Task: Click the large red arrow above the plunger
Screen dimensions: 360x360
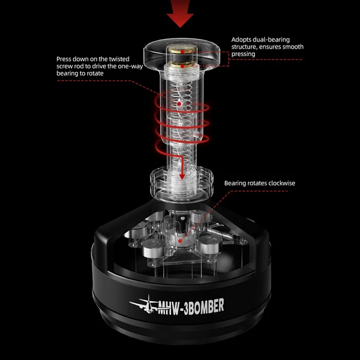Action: pyautogui.click(x=180, y=13)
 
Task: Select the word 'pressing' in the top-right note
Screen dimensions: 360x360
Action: pyautogui.click(x=243, y=54)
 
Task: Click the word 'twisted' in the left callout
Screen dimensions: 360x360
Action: pyautogui.click(x=119, y=59)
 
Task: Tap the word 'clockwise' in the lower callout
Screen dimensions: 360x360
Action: pyautogui.click(x=282, y=183)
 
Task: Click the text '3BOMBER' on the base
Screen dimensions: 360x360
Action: pyautogui.click(x=204, y=307)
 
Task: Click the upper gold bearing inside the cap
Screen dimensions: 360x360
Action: pyautogui.click(x=182, y=52)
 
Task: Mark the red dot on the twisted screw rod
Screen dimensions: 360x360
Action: pyautogui.click(x=179, y=104)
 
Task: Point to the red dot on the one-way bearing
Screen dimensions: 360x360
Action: pyautogui.click(x=180, y=241)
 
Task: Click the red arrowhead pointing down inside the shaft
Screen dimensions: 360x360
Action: pyautogui.click(x=182, y=176)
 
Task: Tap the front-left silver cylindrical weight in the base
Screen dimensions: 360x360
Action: pyautogui.click(x=154, y=247)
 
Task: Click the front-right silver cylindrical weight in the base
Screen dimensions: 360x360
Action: pyautogui.click(x=210, y=245)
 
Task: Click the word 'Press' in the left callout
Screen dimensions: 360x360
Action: pyautogui.click(x=64, y=59)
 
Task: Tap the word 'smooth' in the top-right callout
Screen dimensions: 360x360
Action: pyautogui.click(x=293, y=47)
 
